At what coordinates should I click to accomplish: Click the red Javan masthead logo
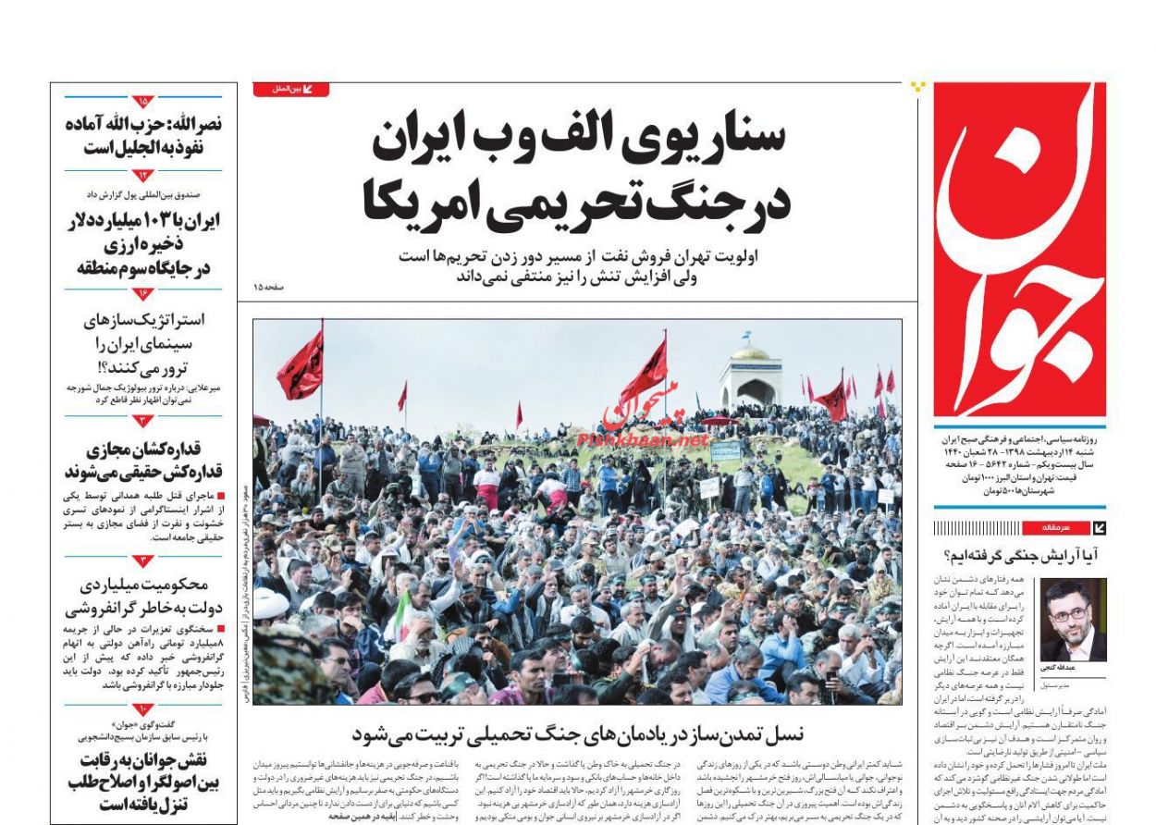(1019, 250)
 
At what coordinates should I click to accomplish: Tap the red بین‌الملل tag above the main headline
(290, 90)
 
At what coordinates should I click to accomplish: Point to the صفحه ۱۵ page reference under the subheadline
(269, 289)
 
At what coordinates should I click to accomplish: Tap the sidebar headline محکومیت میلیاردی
(143, 597)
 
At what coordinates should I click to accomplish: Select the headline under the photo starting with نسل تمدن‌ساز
(578, 734)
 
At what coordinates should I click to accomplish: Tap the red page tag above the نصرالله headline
(143, 101)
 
